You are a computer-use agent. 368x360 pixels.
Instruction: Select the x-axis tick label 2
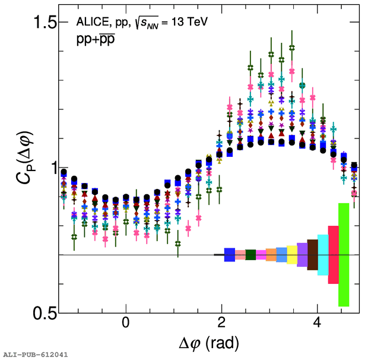(x=221, y=324)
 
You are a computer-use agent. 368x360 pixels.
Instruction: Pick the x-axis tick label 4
(x=317, y=324)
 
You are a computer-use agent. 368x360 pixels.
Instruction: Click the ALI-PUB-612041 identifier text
(x=35, y=354)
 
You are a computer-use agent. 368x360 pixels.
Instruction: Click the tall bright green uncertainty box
(x=343, y=254)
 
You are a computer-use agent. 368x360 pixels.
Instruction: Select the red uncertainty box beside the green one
(x=333, y=254)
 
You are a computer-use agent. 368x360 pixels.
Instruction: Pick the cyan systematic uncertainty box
(x=323, y=254)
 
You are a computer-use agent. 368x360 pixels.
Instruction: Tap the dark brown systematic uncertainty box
(x=312, y=254)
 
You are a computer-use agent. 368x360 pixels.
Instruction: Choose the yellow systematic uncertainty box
(x=291, y=254)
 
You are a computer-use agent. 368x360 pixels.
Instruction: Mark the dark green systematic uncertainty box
(x=250, y=254)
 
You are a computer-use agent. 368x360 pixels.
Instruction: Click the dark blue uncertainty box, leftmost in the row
(x=229, y=254)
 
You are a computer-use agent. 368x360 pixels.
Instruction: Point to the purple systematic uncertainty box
(x=302, y=254)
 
